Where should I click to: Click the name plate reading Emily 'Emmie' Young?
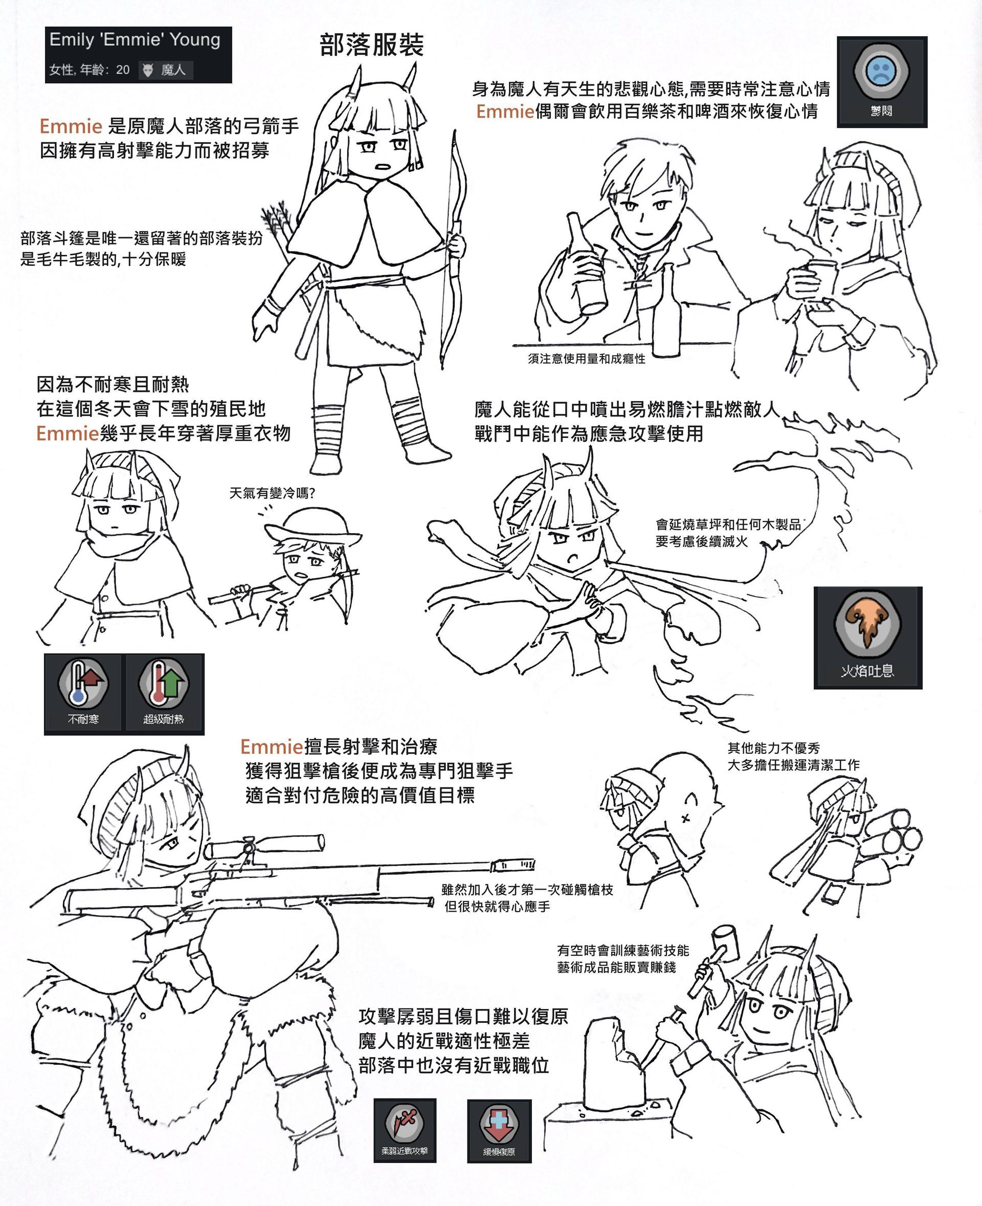(x=138, y=54)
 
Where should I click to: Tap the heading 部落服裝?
(x=372, y=45)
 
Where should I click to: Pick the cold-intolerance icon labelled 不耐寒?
(x=82, y=694)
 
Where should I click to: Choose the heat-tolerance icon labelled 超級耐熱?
(x=164, y=694)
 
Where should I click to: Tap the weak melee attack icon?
(x=405, y=1130)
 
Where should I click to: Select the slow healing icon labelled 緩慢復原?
(x=499, y=1130)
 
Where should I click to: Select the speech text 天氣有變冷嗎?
(x=272, y=493)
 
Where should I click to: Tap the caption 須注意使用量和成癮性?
(x=587, y=359)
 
